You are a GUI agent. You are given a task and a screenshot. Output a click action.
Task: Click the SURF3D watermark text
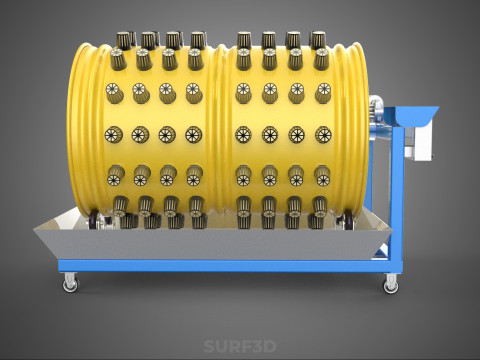(240, 347)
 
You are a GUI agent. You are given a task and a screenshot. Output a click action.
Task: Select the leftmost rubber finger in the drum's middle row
(112, 133)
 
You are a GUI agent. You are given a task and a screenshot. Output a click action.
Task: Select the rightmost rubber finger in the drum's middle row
(322, 133)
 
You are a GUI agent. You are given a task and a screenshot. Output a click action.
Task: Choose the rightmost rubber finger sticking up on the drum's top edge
(318, 40)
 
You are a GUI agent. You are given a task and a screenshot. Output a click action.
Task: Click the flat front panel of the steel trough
(220, 243)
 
